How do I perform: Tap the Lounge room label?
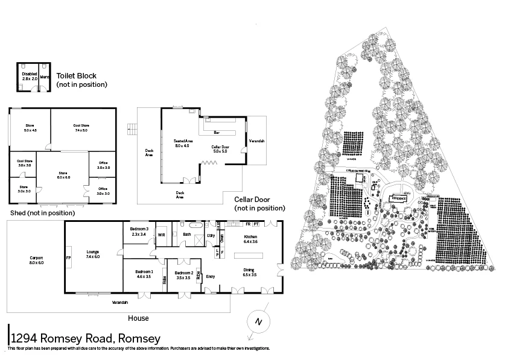(92, 254)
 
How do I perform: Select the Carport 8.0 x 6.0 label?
(36, 260)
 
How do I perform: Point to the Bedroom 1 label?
(144, 274)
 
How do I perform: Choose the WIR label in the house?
(161, 235)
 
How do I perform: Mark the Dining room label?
(249, 272)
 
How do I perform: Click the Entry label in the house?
(211, 276)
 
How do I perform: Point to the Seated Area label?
(182, 143)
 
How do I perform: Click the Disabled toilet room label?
(30, 76)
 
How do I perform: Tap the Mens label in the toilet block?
(45, 77)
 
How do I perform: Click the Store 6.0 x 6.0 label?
(63, 175)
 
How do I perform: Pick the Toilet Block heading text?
(76, 76)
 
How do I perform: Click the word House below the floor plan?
(138, 318)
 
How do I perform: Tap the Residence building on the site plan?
(399, 198)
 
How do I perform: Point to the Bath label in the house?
(186, 235)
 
